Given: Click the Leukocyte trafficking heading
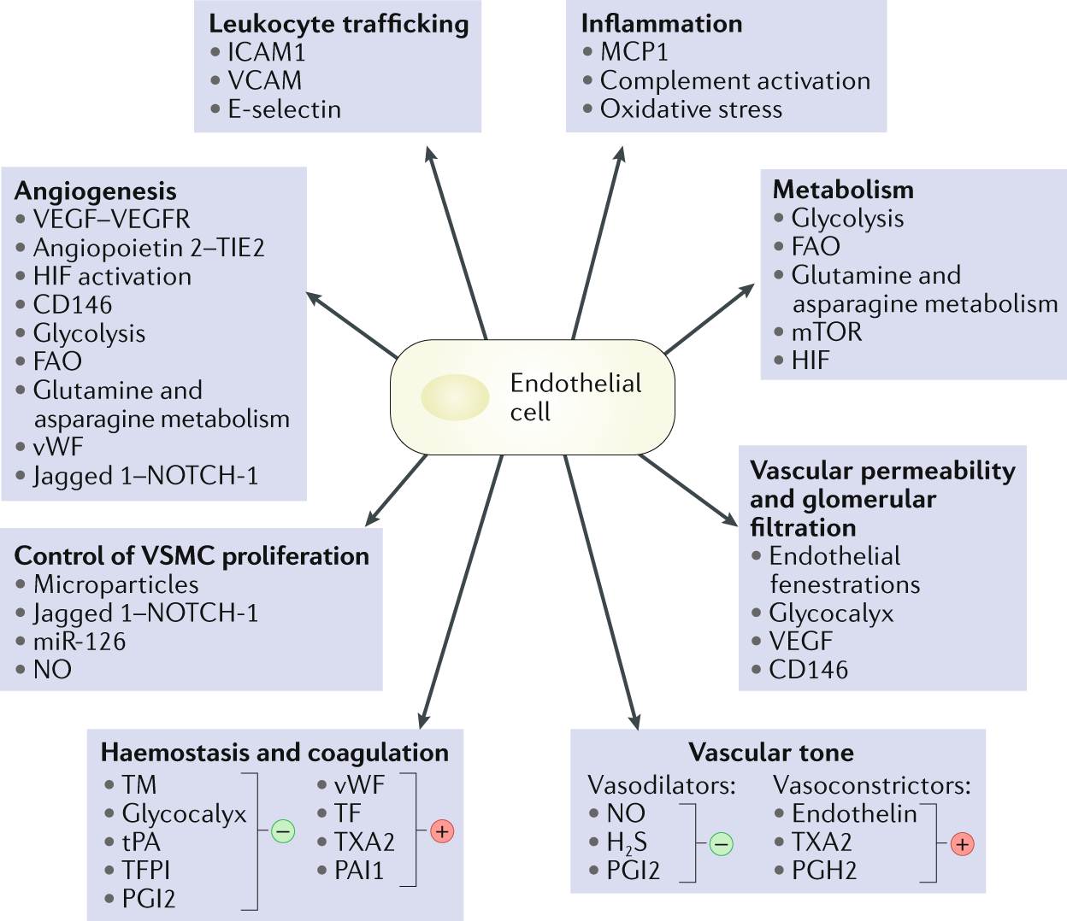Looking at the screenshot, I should point(339,24).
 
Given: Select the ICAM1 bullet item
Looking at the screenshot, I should point(266,52).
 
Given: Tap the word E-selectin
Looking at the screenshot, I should point(284,109).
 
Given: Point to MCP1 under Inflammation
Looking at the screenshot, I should point(634,52).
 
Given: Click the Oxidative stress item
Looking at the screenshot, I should point(691,109).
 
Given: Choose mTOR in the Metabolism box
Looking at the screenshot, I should point(826,331).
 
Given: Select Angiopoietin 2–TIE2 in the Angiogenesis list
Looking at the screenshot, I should point(149,248).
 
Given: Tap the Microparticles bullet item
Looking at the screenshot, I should point(115,584).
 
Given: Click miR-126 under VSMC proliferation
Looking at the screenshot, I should point(80,642).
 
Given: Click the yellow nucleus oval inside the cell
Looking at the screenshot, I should point(455,397).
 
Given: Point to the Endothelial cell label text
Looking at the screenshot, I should point(575,397).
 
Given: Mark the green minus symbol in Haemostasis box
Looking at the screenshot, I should point(283,830).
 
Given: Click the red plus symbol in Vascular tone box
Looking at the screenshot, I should point(963,844).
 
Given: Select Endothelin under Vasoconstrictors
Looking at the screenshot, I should point(854,813).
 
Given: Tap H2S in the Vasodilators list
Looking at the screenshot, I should point(626,843).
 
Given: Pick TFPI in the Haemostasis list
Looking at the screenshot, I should point(145,871).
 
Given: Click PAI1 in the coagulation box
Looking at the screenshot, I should point(359,871).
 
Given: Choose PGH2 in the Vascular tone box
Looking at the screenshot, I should point(824,871).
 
